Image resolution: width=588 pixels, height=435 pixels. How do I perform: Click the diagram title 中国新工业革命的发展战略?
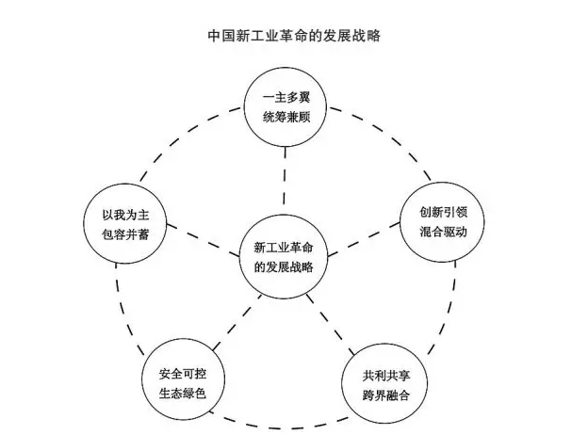[x=293, y=37]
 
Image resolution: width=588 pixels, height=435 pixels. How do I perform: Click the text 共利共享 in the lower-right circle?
[x=386, y=374]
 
